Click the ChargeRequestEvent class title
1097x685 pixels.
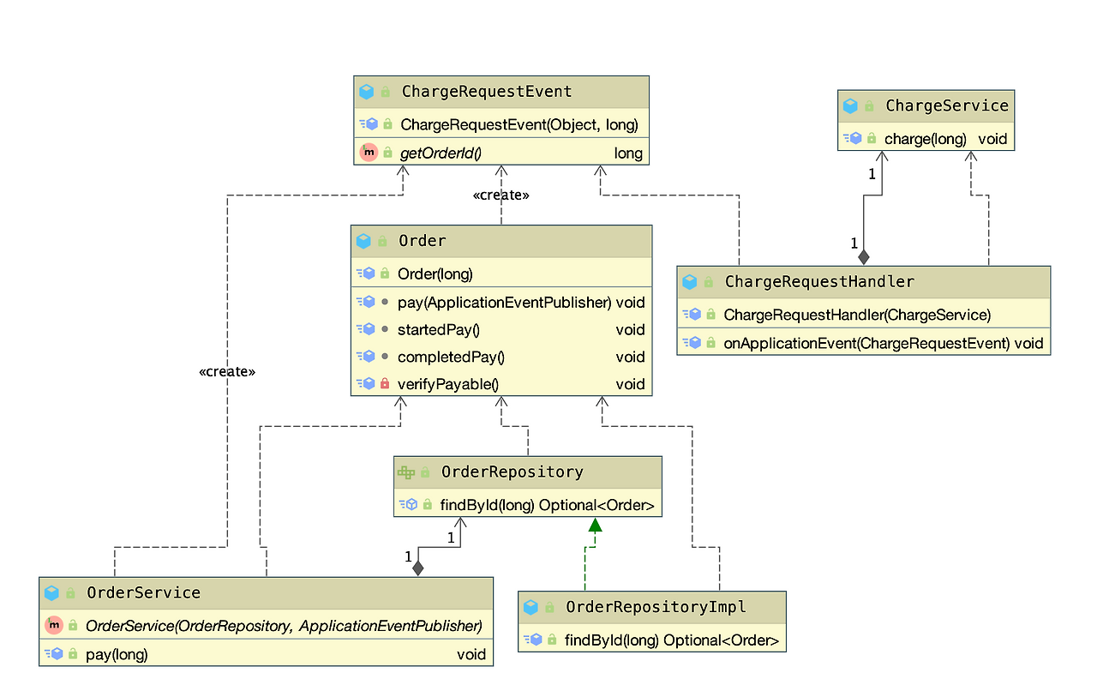486,92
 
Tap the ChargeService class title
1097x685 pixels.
946,106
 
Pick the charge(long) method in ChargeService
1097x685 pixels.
926,138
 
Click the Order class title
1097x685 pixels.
422,241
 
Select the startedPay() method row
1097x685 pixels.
438,329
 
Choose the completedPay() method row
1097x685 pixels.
451,357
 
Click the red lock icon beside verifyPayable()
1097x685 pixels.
385,384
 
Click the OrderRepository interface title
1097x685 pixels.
512,472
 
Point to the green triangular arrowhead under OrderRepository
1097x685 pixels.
595,525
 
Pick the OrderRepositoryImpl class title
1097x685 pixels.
656,607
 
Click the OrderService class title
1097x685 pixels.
143,592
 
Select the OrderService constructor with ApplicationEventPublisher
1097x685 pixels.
284,626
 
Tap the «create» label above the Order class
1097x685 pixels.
501,195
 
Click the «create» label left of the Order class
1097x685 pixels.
227,372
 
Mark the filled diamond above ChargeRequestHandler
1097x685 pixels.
864,255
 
